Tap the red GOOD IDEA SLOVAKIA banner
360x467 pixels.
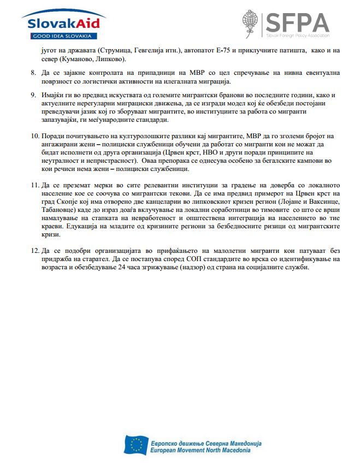point(61,36)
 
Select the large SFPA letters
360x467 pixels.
point(297,22)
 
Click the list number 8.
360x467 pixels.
point(33,73)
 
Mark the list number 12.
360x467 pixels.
point(34,251)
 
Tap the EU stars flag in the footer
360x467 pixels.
point(135,444)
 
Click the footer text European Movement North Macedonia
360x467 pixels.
point(200,450)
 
